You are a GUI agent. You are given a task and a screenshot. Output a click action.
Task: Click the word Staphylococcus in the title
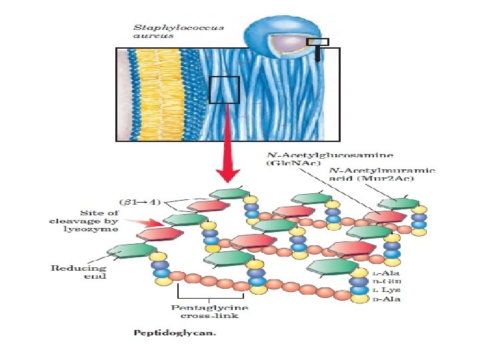coord(179,28)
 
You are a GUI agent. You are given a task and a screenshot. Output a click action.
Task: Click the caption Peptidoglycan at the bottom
coord(175,332)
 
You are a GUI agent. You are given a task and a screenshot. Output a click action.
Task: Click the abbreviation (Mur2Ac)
coord(408,178)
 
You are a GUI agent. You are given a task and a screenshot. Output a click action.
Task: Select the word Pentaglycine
coord(209,307)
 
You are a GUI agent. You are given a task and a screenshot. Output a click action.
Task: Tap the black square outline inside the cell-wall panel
coord(224,90)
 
